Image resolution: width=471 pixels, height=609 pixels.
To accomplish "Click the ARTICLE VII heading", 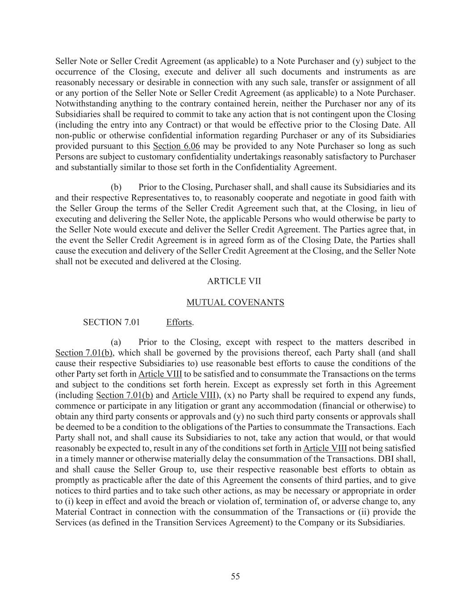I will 235,282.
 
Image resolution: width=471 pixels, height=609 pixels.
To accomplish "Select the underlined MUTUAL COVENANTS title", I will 235,302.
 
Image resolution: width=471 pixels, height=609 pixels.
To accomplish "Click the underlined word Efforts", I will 179,322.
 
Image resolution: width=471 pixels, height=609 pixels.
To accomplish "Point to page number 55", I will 235,576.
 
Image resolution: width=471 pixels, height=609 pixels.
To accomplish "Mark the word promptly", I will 73,481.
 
